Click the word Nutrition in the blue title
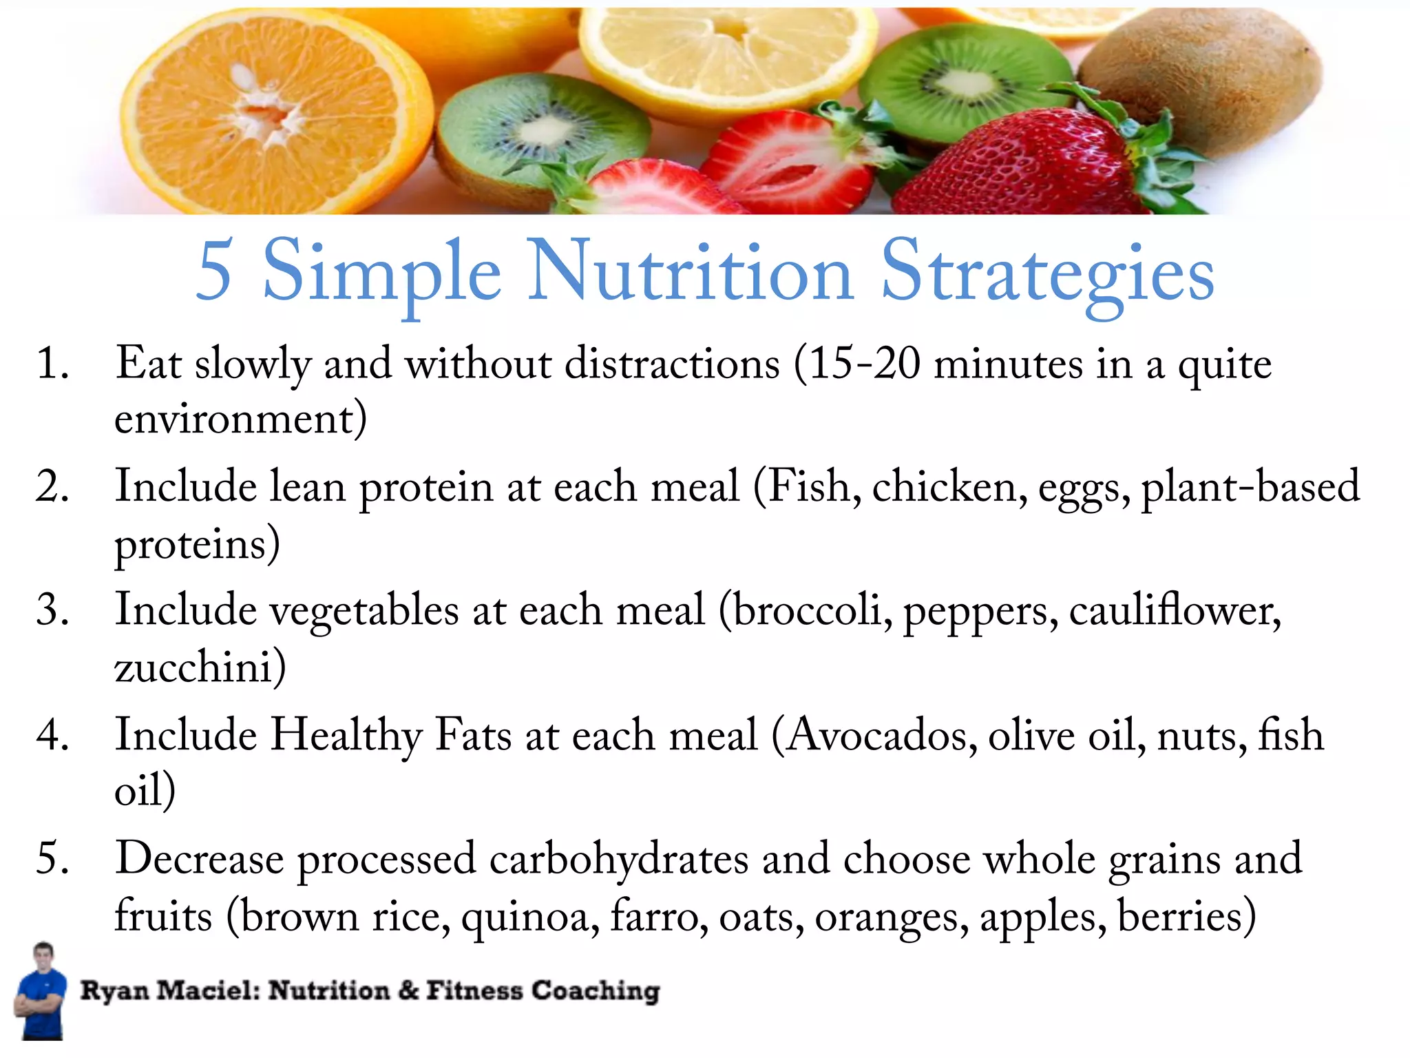[x=690, y=271]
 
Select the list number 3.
[x=52, y=610]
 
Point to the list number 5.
[x=52, y=858]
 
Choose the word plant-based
[x=1250, y=486]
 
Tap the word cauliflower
[x=1173, y=610]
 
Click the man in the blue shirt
[x=41, y=992]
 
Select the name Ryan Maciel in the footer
[x=169, y=990]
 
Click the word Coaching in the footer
[x=596, y=990]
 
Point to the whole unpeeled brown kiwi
[x=1201, y=79]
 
